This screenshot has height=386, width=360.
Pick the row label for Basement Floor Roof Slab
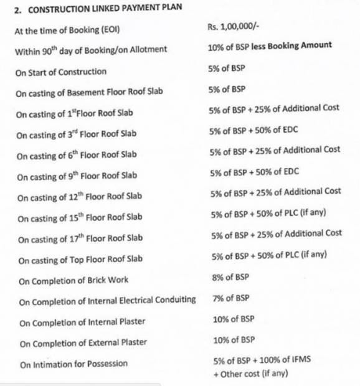(90, 92)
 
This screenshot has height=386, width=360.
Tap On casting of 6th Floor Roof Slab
(76, 155)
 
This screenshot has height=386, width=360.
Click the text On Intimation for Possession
(73, 364)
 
